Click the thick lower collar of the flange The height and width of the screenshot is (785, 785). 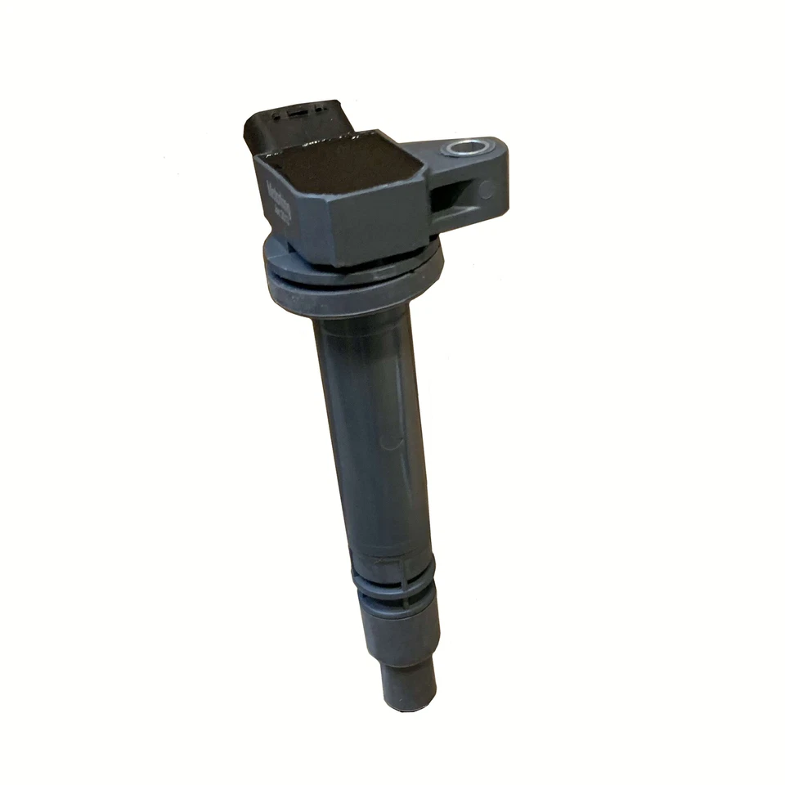pos(352,294)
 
